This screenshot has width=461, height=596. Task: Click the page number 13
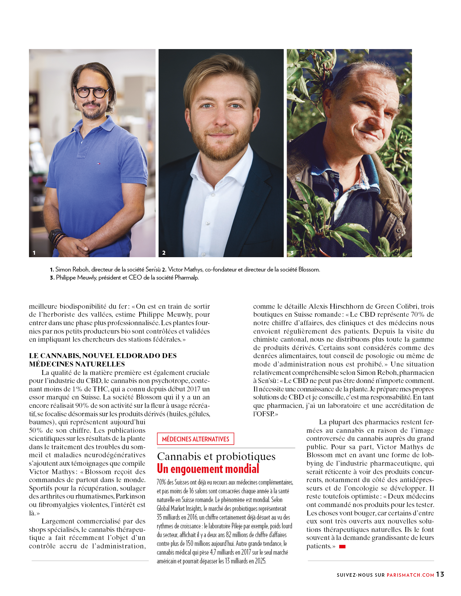click(440, 574)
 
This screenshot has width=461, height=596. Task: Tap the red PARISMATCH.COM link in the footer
click(410, 575)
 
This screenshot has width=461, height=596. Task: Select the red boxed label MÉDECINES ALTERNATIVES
click(195, 439)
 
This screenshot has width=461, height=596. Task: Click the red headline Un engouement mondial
click(208, 469)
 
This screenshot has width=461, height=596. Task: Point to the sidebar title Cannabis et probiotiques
click(216, 456)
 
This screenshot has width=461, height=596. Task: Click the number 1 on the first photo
click(34, 253)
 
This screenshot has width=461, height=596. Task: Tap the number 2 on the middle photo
click(164, 253)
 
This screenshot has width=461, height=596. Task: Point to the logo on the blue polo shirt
click(99, 163)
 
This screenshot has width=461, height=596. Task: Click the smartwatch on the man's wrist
click(55, 234)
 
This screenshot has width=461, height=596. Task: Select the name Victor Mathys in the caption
click(185, 269)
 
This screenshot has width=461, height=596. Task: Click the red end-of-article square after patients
click(342, 546)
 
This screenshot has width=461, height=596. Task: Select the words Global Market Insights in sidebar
click(179, 508)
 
